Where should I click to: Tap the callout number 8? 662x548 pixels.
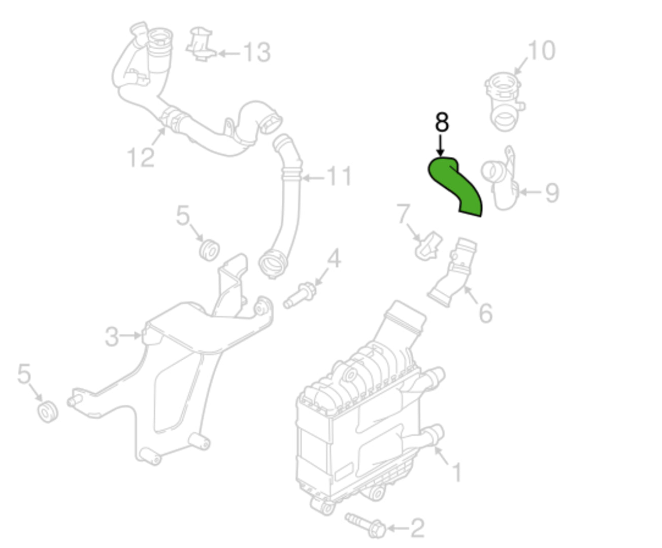pos(442,122)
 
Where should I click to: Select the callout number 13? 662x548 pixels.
pos(257,53)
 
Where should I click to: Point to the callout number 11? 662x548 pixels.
pos(339,176)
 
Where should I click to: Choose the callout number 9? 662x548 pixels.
pos(552,193)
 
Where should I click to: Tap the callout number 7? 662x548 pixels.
pos(403,214)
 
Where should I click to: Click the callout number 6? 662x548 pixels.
pos(486,313)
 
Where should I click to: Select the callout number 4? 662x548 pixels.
pos(334,258)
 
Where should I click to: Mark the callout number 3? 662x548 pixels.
pos(112,336)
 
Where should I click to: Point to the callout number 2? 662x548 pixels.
pos(417,528)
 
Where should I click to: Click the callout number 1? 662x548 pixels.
pos(456,472)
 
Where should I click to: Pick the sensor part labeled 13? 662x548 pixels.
pos(201,44)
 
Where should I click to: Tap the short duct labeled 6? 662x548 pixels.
pos(452,272)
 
